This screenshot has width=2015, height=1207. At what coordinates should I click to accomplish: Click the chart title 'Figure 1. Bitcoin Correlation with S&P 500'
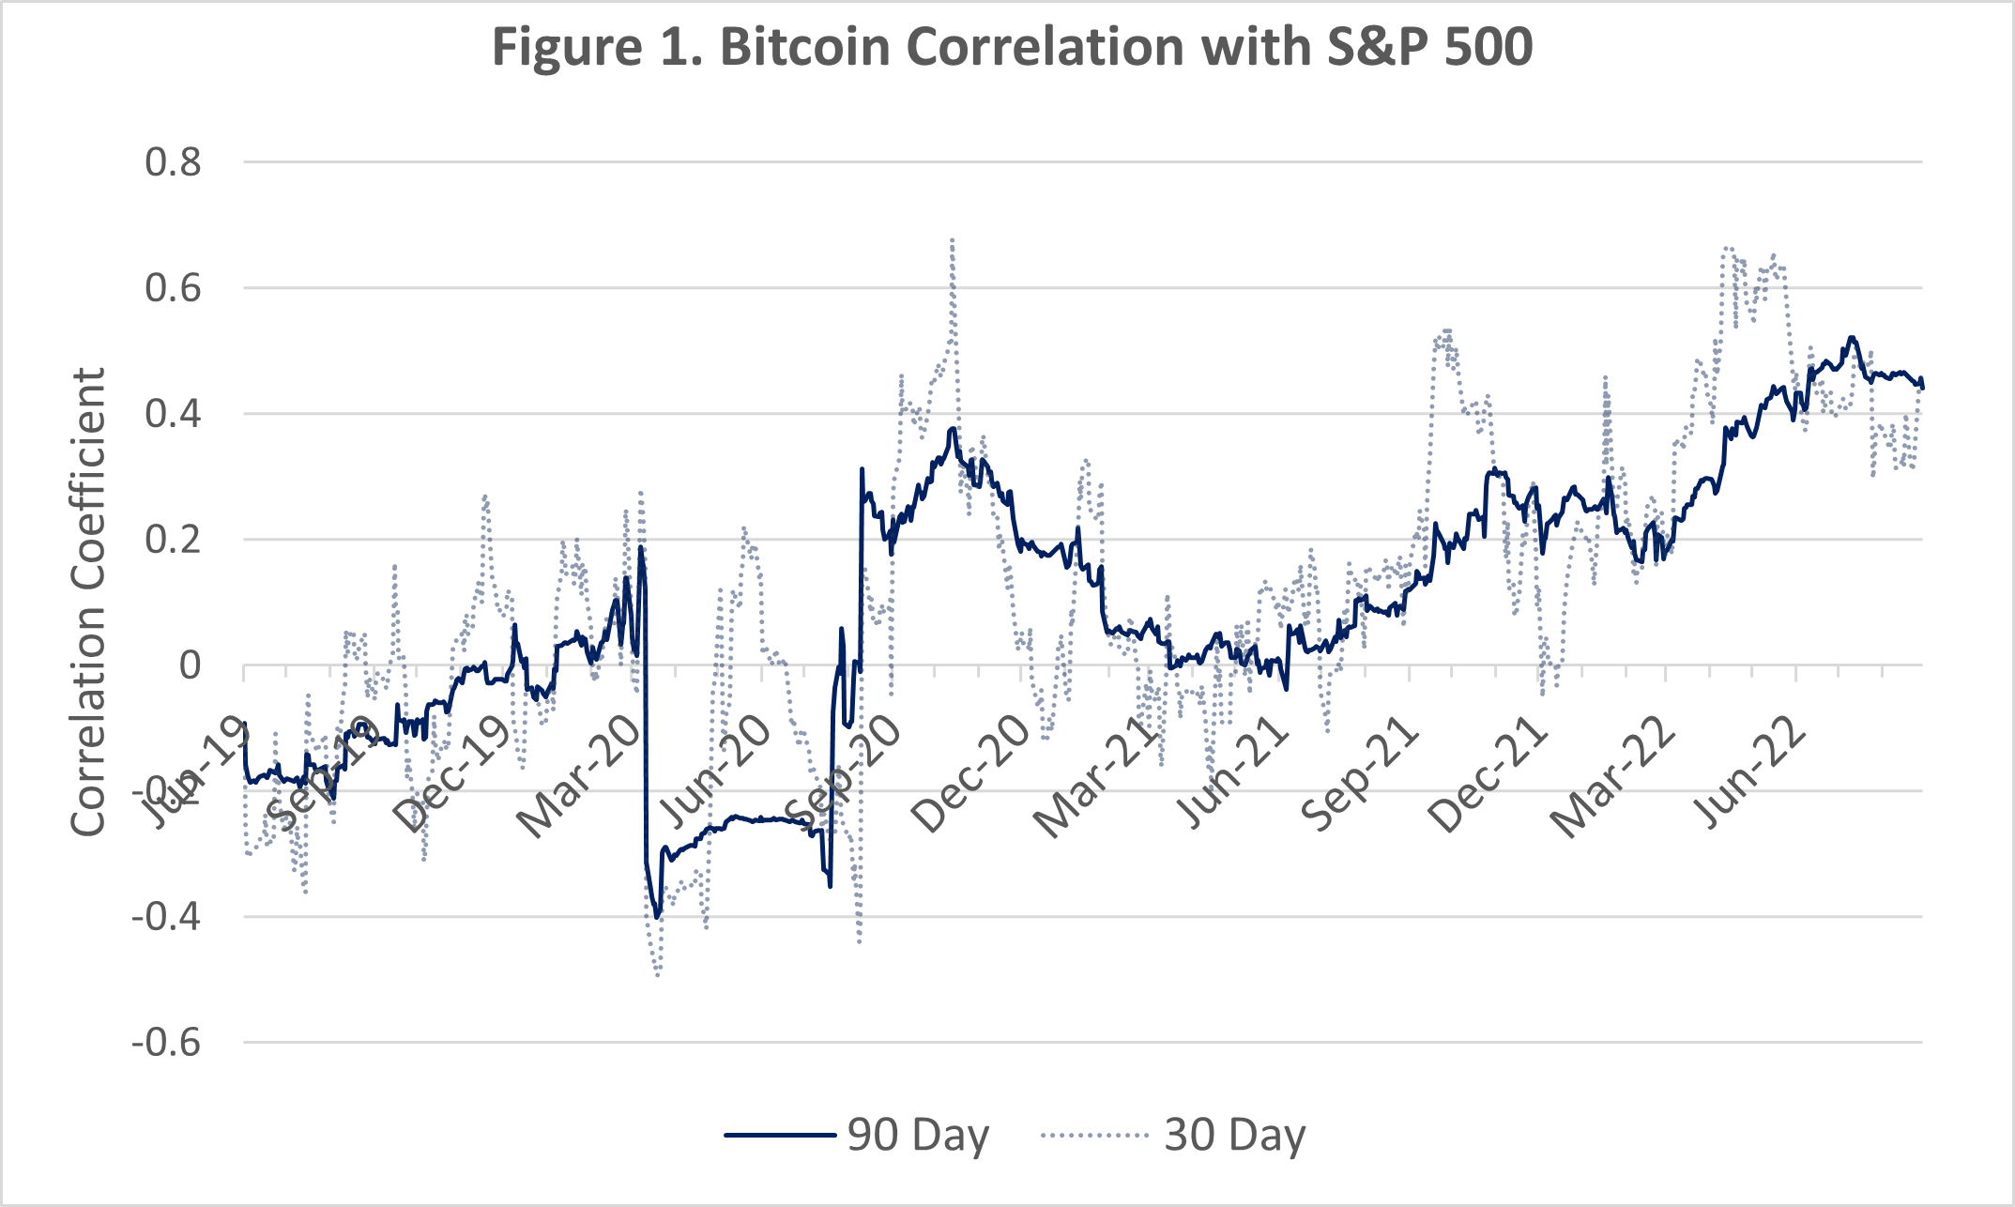point(1012,47)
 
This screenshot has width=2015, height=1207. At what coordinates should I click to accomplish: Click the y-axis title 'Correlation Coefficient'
point(88,602)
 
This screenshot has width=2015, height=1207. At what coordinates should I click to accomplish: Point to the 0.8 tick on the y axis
point(173,162)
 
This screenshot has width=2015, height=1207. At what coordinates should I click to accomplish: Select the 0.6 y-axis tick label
point(173,288)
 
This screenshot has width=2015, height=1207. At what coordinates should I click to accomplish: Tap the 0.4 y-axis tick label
point(173,414)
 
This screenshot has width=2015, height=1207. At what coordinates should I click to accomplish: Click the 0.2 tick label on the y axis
point(173,540)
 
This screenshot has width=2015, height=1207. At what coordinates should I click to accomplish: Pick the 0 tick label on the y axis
point(190,665)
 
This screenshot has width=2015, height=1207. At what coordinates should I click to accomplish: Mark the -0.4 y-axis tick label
point(166,917)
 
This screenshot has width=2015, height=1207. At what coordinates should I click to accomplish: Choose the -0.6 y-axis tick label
point(166,1043)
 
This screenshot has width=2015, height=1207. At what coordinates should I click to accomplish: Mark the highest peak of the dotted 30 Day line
point(952,239)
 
